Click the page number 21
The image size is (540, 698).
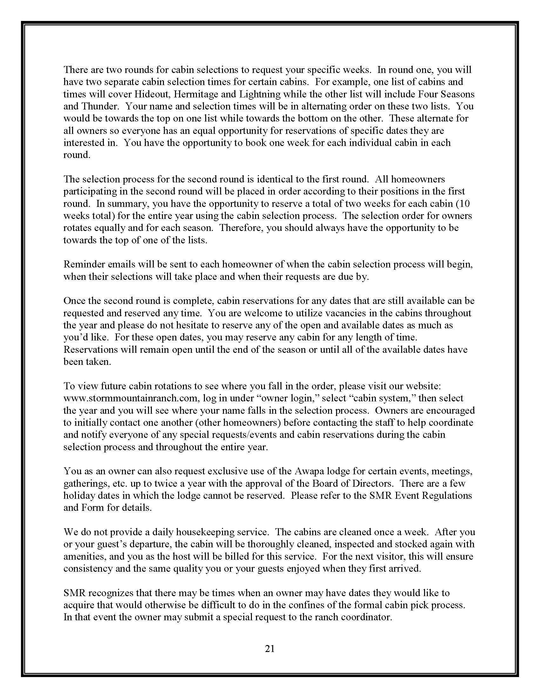pyautogui.click(x=270, y=649)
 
